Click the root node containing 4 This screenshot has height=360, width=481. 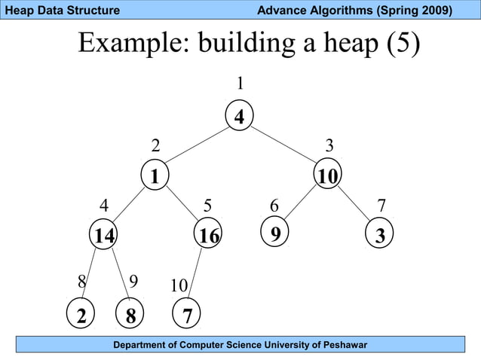tap(239, 117)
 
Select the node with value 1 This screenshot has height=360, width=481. tap(155, 176)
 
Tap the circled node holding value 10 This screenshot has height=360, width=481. tap(328, 176)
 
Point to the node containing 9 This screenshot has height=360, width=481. tap(276, 233)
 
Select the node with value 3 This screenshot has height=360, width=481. tap(380, 236)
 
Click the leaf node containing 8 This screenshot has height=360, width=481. tap(130, 316)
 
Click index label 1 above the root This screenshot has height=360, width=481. tap(240, 82)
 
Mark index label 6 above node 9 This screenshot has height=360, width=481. tap(274, 206)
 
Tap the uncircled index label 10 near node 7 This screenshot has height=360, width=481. tap(179, 286)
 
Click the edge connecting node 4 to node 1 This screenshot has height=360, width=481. tap(197, 146)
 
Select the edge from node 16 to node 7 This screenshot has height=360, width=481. tap(198, 274)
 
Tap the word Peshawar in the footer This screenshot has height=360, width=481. tap(341, 345)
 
